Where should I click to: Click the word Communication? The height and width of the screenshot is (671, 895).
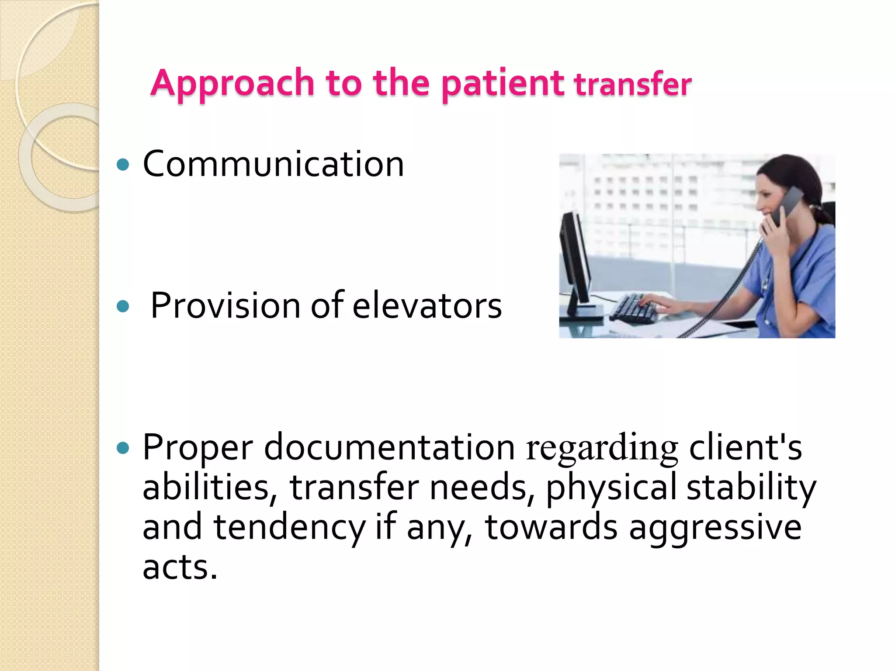coord(273,164)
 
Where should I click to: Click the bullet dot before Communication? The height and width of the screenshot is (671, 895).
coord(124,165)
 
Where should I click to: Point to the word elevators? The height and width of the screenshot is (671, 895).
coord(427,306)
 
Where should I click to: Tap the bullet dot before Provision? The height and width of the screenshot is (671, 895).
coord(124,306)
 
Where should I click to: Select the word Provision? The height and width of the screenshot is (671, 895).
coord(225,306)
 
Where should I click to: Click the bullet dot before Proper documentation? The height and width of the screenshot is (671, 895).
coord(124,448)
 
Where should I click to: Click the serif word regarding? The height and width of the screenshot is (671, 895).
coord(602,449)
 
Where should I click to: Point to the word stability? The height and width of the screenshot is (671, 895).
coord(751,488)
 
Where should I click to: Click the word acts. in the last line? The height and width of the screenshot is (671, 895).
coord(180,567)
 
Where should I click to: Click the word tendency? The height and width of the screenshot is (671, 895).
coord(289,528)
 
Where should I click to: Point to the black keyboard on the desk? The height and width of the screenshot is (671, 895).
coord(634,308)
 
